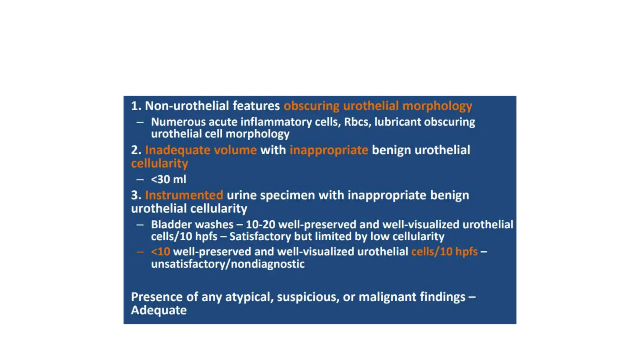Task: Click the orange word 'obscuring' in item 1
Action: tap(311, 106)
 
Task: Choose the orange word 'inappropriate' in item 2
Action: tap(329, 150)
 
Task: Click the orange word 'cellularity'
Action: tap(159, 163)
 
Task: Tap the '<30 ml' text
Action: tap(168, 179)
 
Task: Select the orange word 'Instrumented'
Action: tap(184, 195)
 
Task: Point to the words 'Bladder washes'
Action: tap(192, 224)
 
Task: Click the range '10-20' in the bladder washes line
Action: tap(260, 224)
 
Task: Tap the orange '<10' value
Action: tap(160, 252)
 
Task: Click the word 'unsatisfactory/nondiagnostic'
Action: tap(228, 264)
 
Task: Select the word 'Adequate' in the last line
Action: tap(159, 310)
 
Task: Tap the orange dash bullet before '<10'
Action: tap(140, 252)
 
